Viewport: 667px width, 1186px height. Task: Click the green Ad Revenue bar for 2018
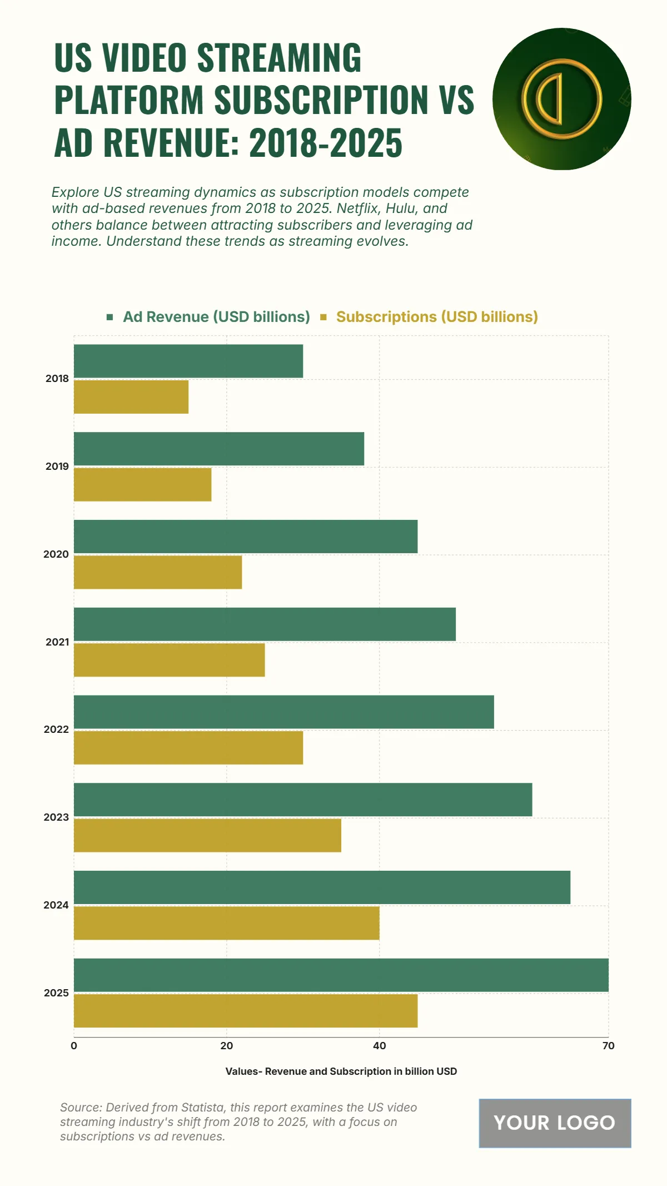(x=188, y=361)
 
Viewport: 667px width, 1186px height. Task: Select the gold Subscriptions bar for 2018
(x=131, y=397)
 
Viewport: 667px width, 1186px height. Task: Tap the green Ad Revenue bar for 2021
(x=265, y=624)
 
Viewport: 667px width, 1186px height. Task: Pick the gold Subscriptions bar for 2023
(x=207, y=835)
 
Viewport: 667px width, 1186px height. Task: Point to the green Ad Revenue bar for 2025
(x=341, y=975)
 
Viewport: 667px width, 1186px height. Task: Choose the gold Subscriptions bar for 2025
(x=246, y=1011)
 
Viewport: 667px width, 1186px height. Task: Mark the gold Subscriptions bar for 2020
(x=158, y=572)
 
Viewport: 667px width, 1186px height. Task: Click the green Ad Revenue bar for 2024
(x=322, y=887)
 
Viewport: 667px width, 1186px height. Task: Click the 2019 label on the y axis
(x=57, y=467)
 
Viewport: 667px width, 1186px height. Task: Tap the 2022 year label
(x=56, y=730)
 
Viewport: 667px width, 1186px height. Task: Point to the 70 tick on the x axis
(x=608, y=1046)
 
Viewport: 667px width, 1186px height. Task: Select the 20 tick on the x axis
(x=226, y=1046)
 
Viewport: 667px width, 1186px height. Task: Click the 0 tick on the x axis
(x=74, y=1046)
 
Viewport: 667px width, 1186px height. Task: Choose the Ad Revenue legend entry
(x=216, y=317)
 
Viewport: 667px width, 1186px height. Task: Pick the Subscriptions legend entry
(x=437, y=317)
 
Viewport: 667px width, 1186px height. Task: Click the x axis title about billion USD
(x=341, y=1071)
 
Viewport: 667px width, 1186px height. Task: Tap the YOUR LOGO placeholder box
(x=555, y=1123)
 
